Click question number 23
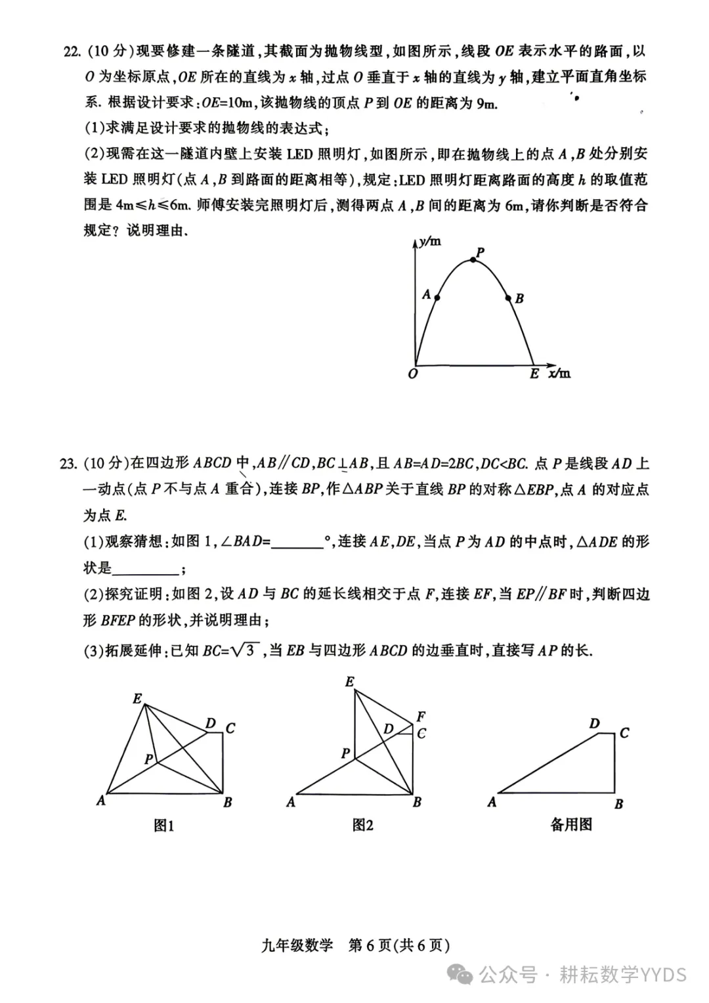click(x=69, y=464)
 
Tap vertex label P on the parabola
click(x=480, y=252)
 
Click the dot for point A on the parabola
click(x=438, y=298)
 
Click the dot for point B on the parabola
click(x=508, y=298)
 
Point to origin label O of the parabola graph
click(x=412, y=374)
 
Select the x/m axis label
click(x=559, y=373)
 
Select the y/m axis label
click(x=431, y=242)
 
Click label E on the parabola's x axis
click(x=534, y=374)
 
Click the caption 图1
click(x=163, y=826)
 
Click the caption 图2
click(x=362, y=825)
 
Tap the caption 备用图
click(x=571, y=824)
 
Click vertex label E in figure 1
click(x=137, y=698)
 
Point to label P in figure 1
click(x=149, y=759)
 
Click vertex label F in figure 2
click(x=421, y=717)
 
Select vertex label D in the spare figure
click(x=594, y=724)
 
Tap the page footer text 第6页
click(x=370, y=945)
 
